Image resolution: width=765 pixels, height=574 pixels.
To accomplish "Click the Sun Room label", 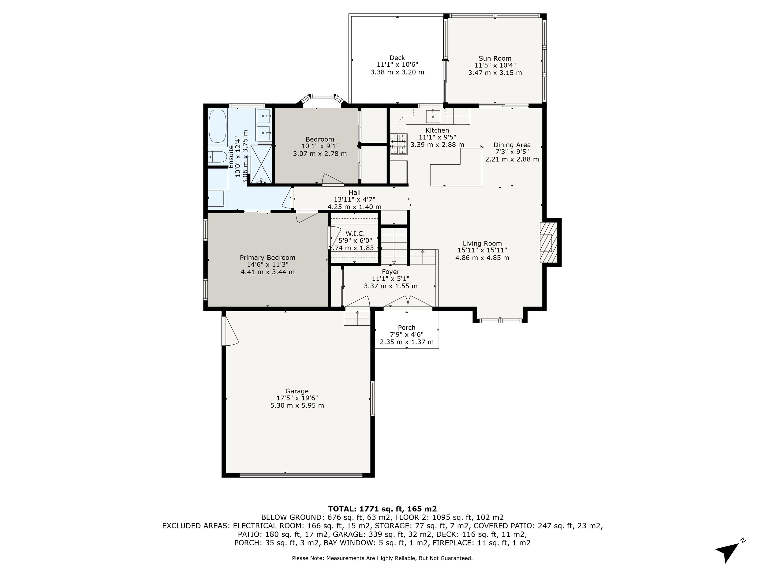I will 495,58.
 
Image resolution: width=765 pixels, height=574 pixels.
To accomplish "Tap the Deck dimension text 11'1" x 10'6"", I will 397,65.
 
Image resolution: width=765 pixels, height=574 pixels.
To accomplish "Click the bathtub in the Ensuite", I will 218,126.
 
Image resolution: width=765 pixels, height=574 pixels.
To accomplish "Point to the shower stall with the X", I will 261,164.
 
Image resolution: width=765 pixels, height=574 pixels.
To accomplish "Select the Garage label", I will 297,391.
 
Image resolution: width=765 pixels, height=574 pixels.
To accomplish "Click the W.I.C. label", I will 355,234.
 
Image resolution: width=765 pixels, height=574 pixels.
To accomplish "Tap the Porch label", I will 407,327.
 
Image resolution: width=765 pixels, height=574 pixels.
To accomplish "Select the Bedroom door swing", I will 332,179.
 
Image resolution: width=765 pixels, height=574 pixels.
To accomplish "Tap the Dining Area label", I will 512,145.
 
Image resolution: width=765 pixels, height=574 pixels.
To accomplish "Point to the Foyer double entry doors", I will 408,302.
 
